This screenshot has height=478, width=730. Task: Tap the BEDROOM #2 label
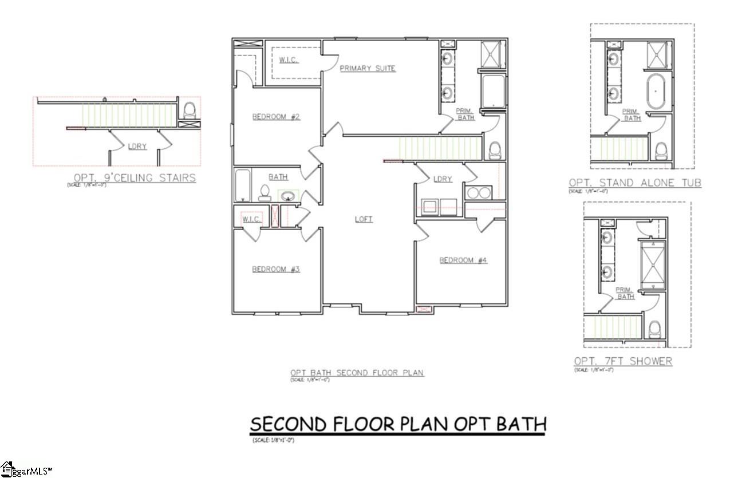click(x=277, y=117)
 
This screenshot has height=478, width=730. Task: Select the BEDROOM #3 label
click(x=276, y=268)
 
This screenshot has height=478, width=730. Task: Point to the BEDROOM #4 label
click(x=463, y=260)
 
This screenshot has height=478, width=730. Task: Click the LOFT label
click(x=364, y=219)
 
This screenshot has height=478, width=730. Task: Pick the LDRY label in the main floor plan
click(x=443, y=179)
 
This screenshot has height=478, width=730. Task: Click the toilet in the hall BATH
click(x=265, y=192)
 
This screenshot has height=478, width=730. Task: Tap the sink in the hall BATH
click(x=288, y=196)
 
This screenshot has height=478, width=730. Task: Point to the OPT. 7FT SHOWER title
click(x=623, y=361)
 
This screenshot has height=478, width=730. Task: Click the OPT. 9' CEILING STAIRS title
click(x=135, y=178)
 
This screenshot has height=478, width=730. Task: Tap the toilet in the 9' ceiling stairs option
click(x=190, y=109)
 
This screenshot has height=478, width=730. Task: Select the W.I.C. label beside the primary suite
click(x=288, y=60)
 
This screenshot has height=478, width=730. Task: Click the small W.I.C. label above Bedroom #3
click(x=251, y=219)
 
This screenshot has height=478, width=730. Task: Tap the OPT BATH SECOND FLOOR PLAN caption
click(x=357, y=373)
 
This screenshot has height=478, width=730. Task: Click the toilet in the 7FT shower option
click(x=654, y=329)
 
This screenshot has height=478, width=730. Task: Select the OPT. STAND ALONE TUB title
click(x=634, y=183)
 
